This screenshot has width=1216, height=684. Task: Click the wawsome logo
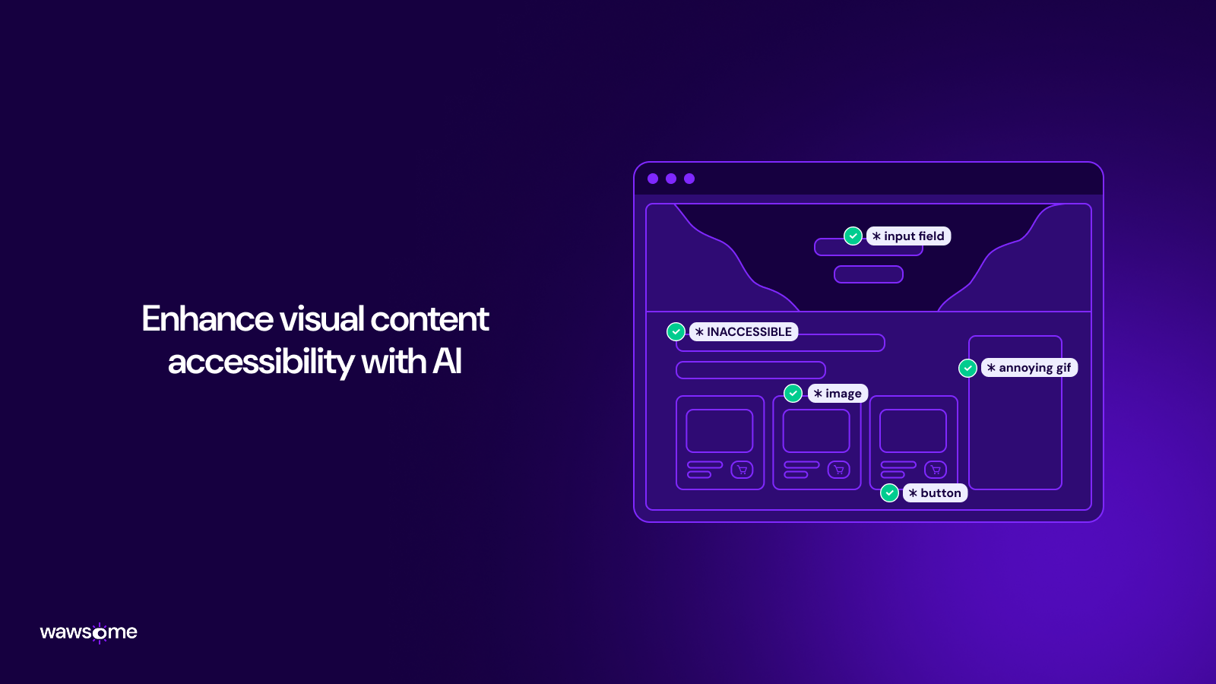[x=88, y=632]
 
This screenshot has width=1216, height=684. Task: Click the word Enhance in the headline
[x=207, y=319]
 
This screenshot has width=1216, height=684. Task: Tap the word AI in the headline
[x=447, y=362]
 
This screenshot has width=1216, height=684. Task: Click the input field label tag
[x=908, y=236]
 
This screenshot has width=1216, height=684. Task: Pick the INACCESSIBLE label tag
[x=743, y=332]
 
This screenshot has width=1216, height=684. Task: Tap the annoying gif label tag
[x=1029, y=368]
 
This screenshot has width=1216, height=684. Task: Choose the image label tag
[x=838, y=394]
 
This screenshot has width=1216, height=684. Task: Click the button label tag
[x=935, y=493]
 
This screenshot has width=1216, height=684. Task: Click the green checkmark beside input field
[x=853, y=236]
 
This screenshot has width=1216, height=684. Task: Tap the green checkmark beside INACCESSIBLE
[x=676, y=332]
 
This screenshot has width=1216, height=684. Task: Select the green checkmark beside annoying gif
[x=967, y=368]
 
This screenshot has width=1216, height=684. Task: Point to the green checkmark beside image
[x=793, y=393]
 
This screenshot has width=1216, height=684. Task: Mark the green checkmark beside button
[x=889, y=493]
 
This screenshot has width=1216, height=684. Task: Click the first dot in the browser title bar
[x=653, y=179]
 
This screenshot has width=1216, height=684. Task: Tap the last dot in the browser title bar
[x=689, y=179]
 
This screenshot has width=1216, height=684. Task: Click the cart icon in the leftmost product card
[x=742, y=470]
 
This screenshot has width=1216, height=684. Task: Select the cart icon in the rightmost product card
[x=936, y=470]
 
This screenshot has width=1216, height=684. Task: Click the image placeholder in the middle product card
[x=816, y=431]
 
